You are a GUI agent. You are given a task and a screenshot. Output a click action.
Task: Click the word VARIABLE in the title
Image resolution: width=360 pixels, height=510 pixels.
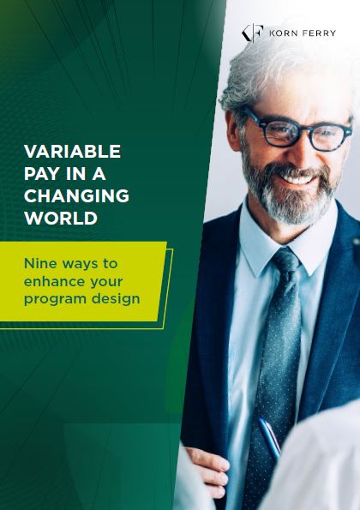pyautogui.click(x=73, y=153)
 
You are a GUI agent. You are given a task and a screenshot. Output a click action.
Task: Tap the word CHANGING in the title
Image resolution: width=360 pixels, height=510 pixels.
pyautogui.click(x=77, y=196)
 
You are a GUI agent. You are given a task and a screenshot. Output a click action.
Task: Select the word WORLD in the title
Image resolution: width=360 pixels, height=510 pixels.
pyautogui.click(x=60, y=218)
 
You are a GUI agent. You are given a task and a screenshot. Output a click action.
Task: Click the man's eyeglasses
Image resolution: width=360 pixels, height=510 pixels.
pyautogui.click(x=296, y=129)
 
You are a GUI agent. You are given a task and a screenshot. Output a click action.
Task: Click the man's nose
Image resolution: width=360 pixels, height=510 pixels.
pyautogui.click(x=297, y=154)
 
